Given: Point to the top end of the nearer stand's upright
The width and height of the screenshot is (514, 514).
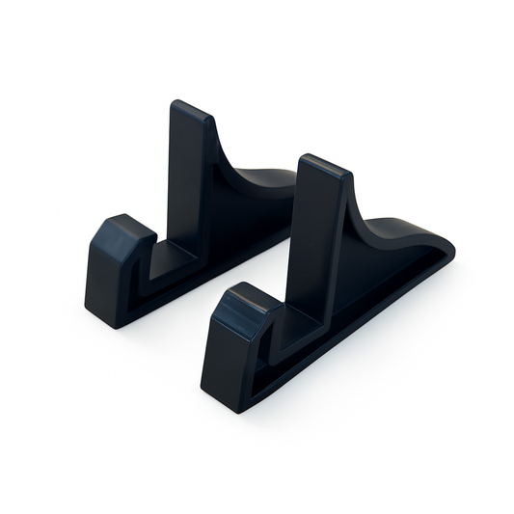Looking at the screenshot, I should click(x=323, y=166).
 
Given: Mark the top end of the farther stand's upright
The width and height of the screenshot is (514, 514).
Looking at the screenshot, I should click(x=192, y=109).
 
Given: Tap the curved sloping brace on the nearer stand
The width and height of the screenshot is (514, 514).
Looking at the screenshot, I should click(x=386, y=231).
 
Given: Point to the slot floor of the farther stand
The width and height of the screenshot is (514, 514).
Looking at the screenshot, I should click(x=174, y=258).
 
